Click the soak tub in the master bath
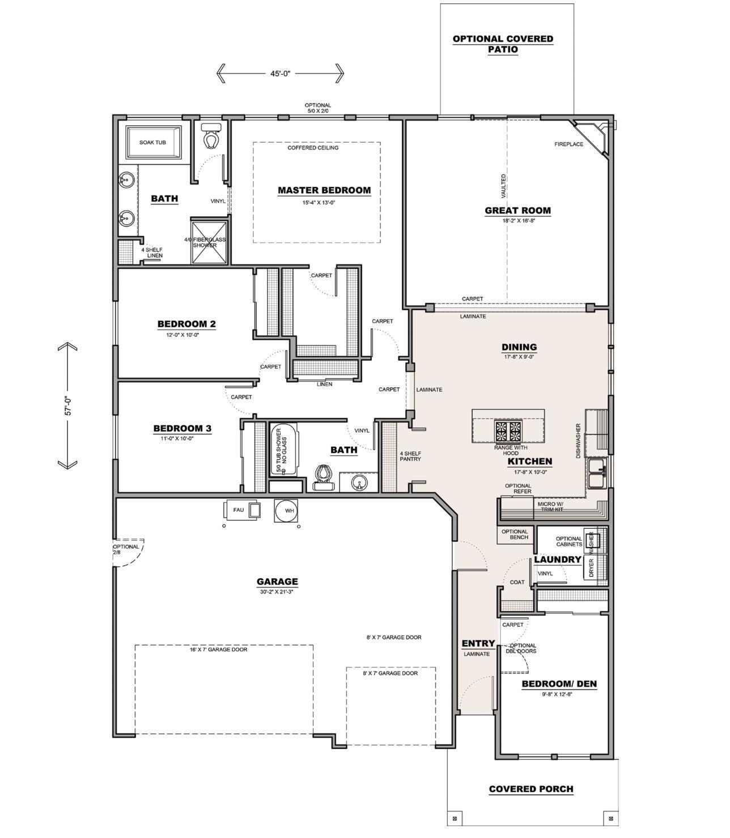153,143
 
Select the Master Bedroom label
324,191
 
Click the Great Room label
517,211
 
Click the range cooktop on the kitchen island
508,431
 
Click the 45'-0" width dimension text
280,74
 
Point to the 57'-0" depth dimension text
68,406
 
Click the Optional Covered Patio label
503,44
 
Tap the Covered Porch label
531,789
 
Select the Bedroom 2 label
186,324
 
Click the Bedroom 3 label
182,429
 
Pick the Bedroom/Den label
559,684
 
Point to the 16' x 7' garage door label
218,649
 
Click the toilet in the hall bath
324,476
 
